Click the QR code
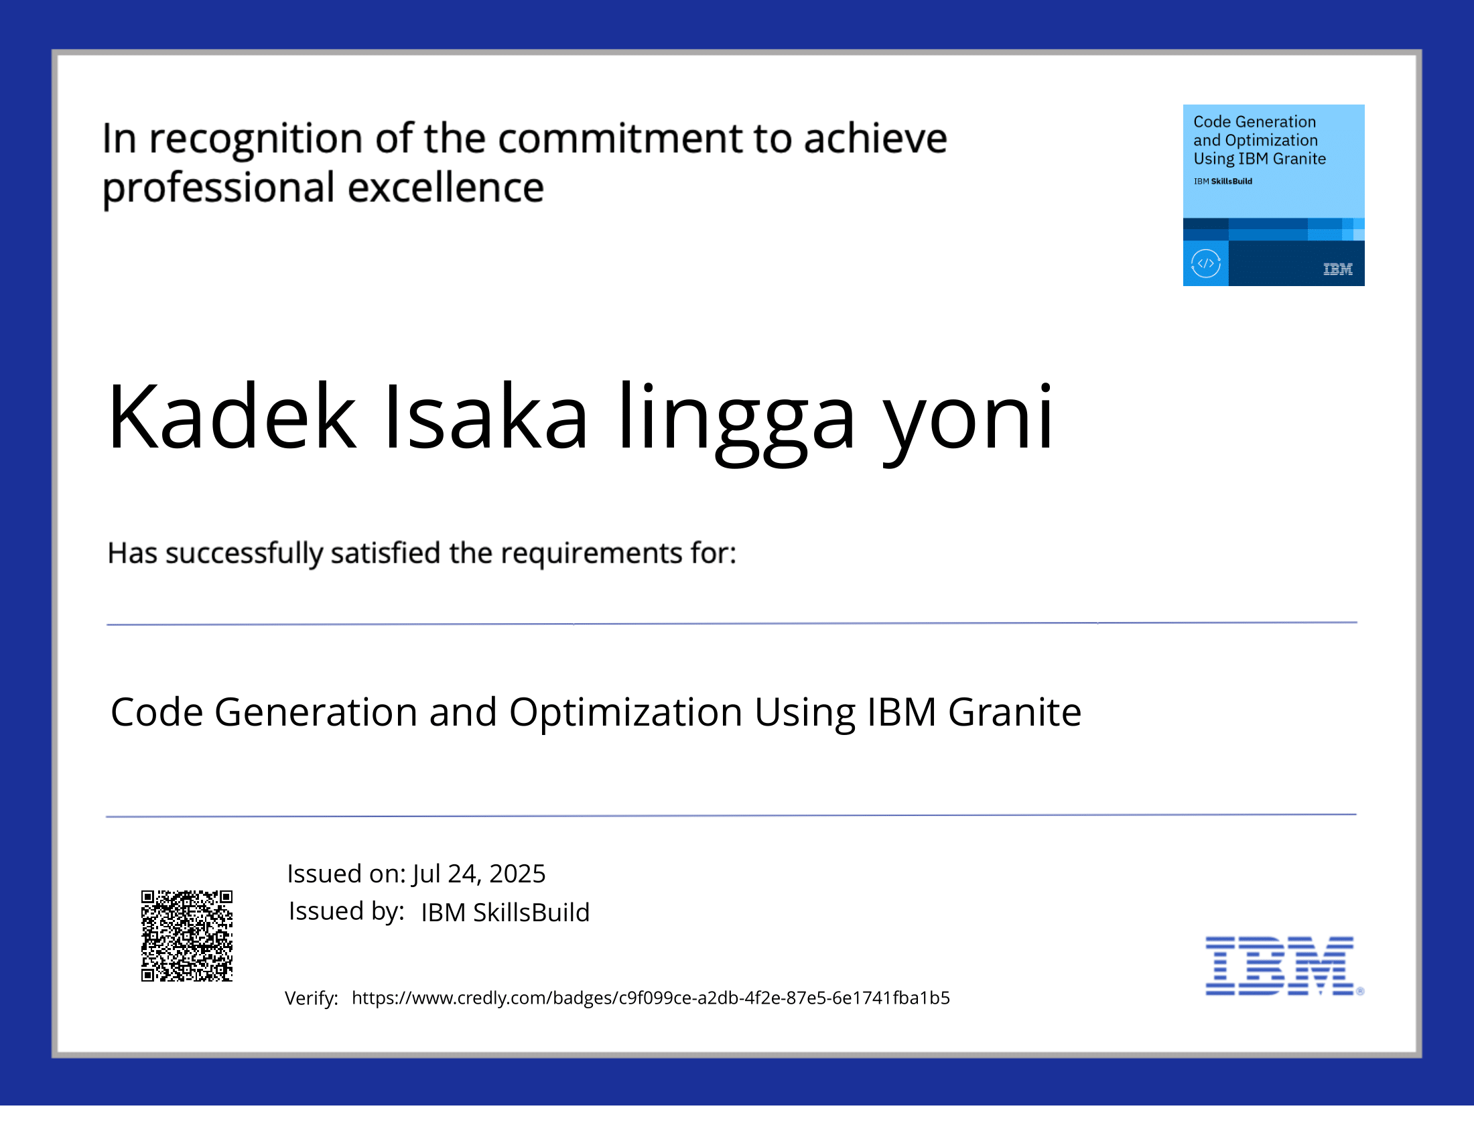(186, 935)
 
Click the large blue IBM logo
(1280, 965)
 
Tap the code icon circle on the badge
(1205, 264)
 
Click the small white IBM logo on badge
(1337, 269)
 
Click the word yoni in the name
(969, 418)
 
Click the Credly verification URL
(650, 998)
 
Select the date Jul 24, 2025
(478, 874)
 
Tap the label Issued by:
(346, 911)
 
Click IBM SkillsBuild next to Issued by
(505, 913)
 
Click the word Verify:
(311, 998)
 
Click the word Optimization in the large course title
(626, 713)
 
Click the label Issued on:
(346, 874)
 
